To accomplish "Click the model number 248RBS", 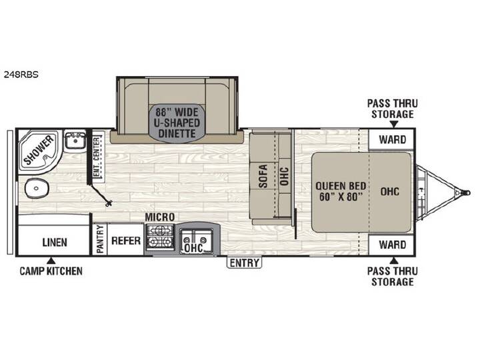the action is pos(21,75).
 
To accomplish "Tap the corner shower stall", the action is pos(39,151).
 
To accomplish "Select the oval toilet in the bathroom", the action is pos(37,188).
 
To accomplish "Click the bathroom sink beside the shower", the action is pos(75,140).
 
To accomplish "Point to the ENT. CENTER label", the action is pos(97,157).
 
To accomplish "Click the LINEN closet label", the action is pos(55,243).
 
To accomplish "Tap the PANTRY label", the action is pos(100,239).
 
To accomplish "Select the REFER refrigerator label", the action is pos(126,241).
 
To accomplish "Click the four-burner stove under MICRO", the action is pos(160,237).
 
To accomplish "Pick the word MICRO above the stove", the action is pos(159,217).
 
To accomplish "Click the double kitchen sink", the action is pos(197,239).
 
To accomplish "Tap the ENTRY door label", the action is pos(244,263).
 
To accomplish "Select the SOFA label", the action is pos(263,176).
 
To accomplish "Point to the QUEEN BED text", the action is pos(341,186).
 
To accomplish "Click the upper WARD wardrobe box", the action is pos(392,139).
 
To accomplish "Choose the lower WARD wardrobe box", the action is pos(392,245).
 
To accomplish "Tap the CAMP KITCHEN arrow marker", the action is pos(52,261).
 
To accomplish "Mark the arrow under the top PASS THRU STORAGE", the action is pos(394,124).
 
